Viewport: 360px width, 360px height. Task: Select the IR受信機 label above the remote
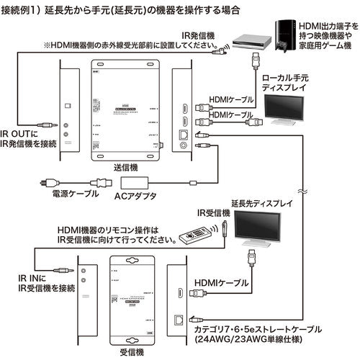point(214,214)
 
